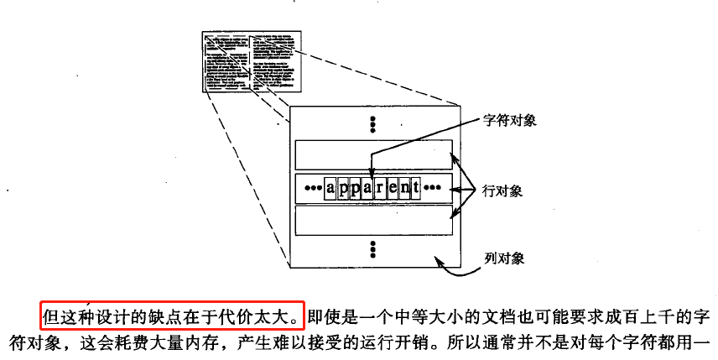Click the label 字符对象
tap(510, 120)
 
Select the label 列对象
tap(505, 258)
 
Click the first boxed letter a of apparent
tap(330, 186)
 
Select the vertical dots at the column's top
tap(373, 123)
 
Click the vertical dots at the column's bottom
tap(373, 248)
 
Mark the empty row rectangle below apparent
tap(373, 219)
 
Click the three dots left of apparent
tap(312, 187)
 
